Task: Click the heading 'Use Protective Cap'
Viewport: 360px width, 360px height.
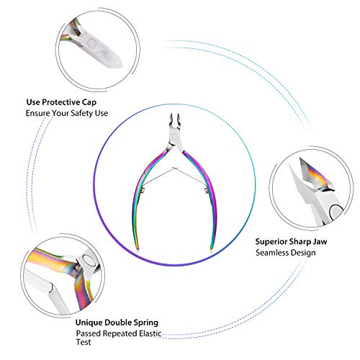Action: click(61, 102)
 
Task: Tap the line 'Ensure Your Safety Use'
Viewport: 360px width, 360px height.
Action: click(67, 113)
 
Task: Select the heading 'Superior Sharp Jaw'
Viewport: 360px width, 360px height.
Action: click(291, 242)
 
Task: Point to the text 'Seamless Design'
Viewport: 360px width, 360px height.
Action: click(286, 253)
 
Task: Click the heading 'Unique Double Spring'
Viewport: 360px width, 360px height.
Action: click(117, 323)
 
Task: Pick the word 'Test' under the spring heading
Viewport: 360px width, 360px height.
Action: click(84, 342)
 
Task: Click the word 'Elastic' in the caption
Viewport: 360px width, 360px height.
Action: click(149, 333)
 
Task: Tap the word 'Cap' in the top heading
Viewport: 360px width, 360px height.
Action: click(89, 102)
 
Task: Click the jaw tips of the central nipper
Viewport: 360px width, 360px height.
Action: click(175, 117)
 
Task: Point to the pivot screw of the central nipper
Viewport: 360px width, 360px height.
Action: click(174, 137)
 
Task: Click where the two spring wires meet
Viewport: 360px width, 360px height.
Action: click(175, 168)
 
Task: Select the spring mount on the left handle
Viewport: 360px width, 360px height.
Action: click(143, 191)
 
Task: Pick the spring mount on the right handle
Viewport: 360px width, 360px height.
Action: click(206, 191)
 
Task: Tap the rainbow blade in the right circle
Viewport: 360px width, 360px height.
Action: click(315, 175)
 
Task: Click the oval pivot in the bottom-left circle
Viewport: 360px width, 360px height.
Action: click(89, 260)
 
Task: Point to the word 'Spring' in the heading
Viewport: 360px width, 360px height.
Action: click(146, 323)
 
